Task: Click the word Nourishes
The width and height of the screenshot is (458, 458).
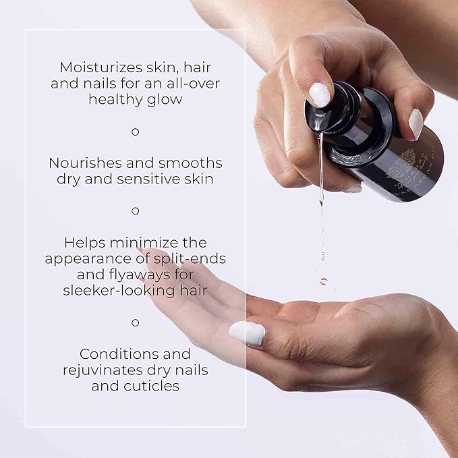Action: pos(86,163)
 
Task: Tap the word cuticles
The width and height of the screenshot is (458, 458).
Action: pos(156,386)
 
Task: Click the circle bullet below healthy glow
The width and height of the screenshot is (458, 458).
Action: pos(135,132)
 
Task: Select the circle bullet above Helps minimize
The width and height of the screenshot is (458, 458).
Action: pos(135,210)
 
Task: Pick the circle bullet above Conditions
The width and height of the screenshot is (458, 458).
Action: pos(135,322)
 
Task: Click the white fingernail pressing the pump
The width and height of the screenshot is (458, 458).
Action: pos(320,95)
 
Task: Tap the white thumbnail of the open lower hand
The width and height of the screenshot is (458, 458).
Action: pos(248,333)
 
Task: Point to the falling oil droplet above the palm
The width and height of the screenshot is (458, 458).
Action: pos(324,281)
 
